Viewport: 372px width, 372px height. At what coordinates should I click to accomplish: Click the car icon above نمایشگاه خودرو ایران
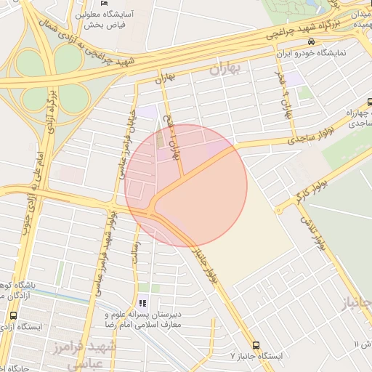pyautogui.click(x=311, y=43)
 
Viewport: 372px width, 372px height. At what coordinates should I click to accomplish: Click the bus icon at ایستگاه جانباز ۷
pyautogui.click(x=256, y=345)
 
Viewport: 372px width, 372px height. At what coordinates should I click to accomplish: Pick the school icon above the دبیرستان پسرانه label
pyautogui.click(x=142, y=303)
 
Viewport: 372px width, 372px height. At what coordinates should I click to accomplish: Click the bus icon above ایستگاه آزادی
pyautogui.click(x=13, y=316)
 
